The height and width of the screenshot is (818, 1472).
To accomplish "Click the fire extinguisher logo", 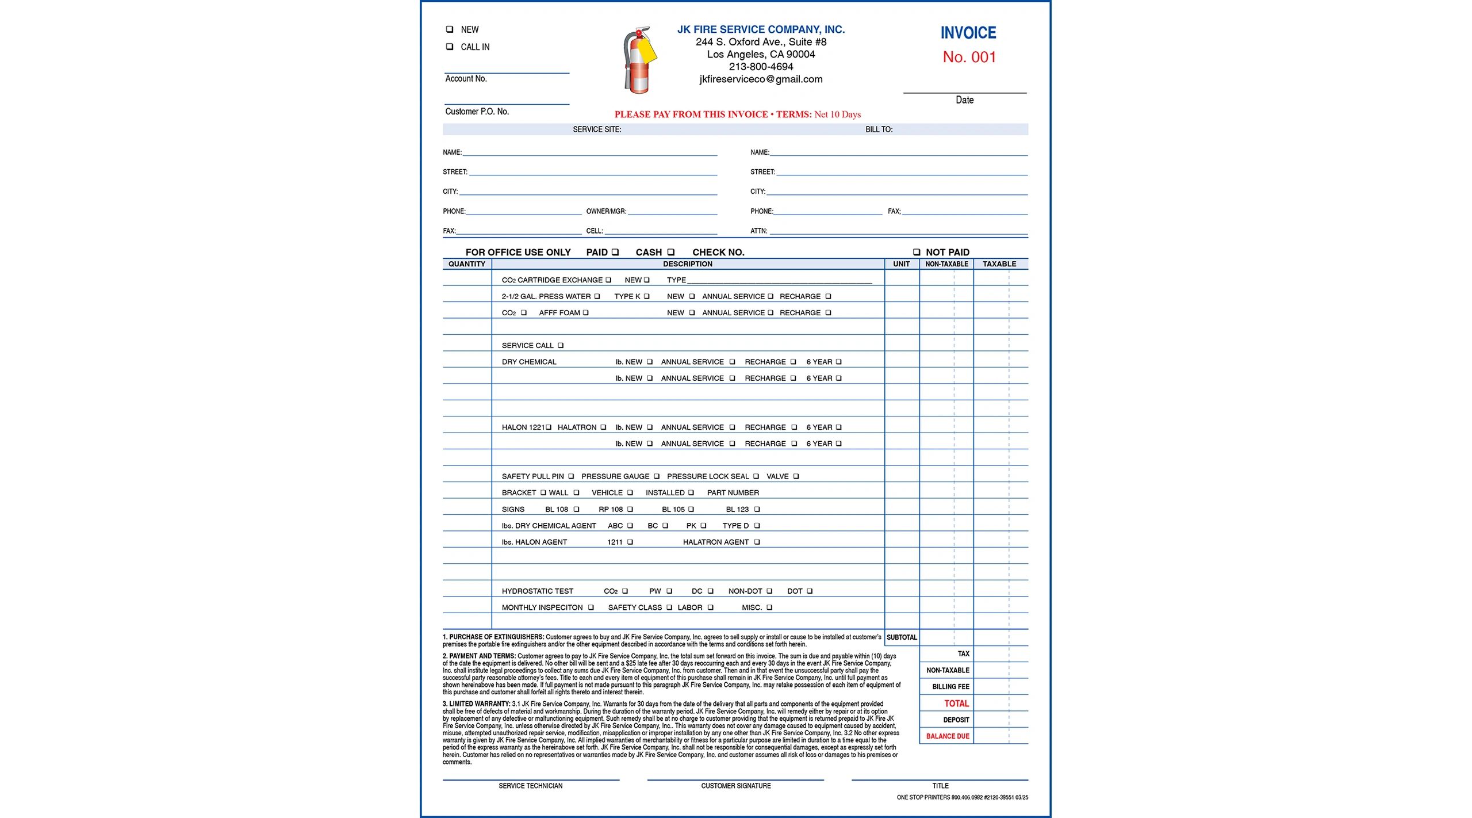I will [639, 60].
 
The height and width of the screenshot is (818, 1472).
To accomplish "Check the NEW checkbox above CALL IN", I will [450, 29].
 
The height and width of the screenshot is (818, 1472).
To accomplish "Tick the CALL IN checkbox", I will [450, 47].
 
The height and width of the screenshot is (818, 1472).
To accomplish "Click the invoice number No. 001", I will [969, 57].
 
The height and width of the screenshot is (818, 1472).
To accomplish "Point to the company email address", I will [761, 79].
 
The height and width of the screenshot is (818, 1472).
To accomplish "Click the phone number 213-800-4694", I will [761, 67].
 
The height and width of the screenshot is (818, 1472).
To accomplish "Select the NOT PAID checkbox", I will [917, 252].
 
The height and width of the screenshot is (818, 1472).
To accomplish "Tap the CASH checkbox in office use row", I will [670, 252].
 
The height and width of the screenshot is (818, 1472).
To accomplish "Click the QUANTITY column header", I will [466, 264].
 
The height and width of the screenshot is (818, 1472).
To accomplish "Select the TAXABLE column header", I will [999, 264].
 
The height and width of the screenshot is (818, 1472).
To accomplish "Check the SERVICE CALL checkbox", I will [560, 346].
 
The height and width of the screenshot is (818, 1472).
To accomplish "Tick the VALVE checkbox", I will [796, 476].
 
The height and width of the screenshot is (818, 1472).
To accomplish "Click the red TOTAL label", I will [956, 704].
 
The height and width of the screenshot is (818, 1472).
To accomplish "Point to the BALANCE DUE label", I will [947, 736].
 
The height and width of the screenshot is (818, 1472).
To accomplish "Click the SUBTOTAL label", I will [901, 637].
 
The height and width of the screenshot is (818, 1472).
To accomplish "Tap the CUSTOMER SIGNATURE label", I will [735, 786].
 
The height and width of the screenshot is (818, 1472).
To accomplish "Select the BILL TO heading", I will [879, 129].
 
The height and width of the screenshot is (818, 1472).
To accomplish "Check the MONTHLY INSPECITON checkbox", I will [591, 607].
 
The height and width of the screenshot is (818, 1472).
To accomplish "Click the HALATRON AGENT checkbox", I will [757, 542].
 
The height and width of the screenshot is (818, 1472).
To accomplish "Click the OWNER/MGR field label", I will [606, 212].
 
